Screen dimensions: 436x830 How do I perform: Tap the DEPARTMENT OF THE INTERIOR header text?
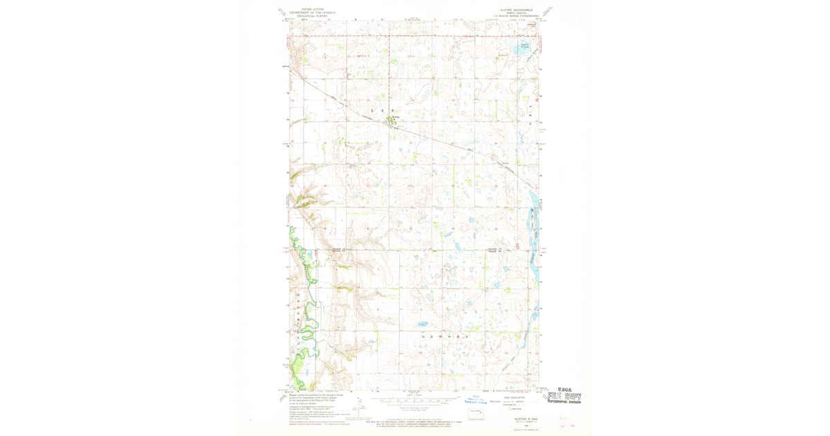tap(308, 12)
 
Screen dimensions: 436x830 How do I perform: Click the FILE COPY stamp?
tap(564, 397)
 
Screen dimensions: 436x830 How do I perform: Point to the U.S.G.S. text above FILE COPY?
tap(563, 390)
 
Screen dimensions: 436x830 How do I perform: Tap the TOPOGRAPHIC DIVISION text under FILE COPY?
tap(564, 402)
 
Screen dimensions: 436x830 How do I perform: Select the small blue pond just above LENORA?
tap(422, 324)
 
